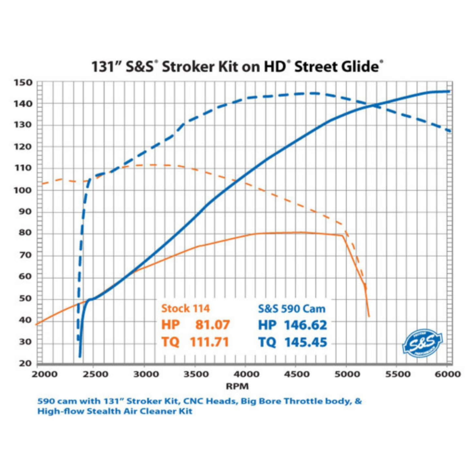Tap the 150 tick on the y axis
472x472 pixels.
tap(23, 83)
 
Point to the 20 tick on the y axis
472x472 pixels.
tap(25, 363)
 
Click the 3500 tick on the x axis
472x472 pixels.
tap(195, 374)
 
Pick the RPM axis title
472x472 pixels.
tap(237, 386)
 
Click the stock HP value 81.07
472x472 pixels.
tap(213, 325)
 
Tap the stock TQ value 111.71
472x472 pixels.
tap(209, 342)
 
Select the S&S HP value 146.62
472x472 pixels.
tap(305, 325)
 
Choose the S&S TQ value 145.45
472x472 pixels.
tap(306, 342)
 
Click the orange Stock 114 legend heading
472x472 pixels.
tap(186, 308)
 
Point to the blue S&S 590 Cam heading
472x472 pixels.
tap(292, 309)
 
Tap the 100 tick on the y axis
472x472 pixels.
tap(23, 190)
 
